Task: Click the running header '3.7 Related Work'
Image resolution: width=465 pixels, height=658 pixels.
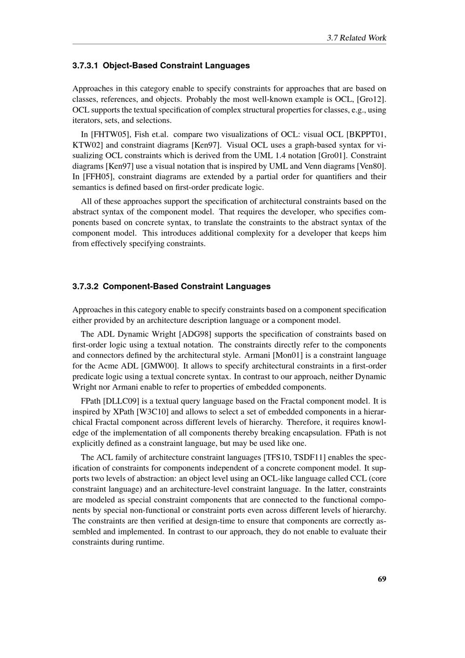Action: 356,38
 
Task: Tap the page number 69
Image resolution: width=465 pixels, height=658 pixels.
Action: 382,579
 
